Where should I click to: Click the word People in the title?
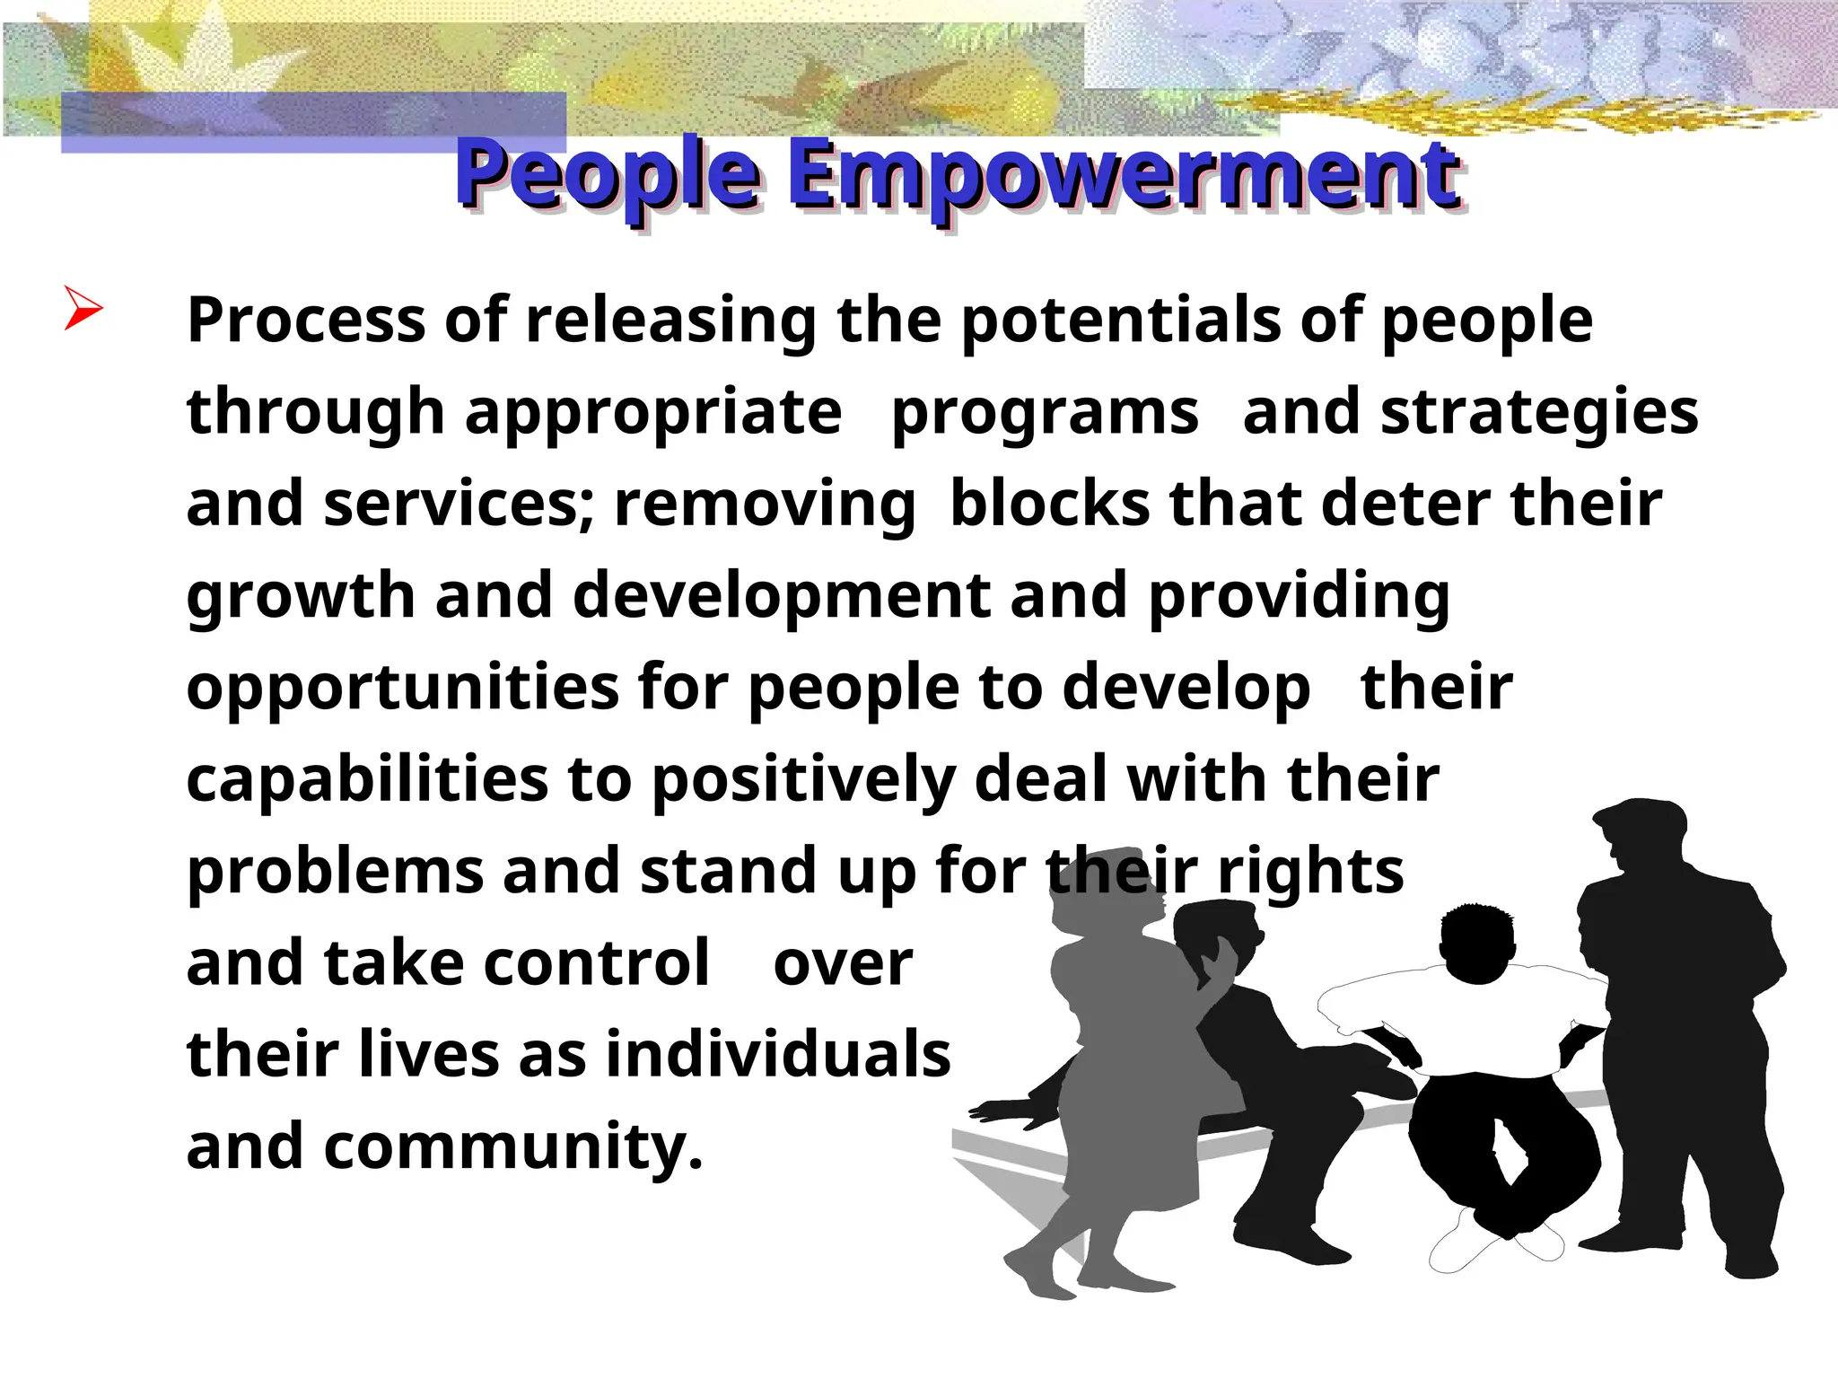pos(608,175)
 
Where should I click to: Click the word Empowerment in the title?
pos(1125,175)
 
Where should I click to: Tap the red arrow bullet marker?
pos(83,309)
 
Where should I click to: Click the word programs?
pos(1045,413)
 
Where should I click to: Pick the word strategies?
pos(1539,413)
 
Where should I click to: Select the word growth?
pos(301,596)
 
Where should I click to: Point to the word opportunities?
pos(402,689)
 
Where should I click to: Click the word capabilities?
pos(366,779)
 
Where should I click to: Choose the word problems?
pos(334,872)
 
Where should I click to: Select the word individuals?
pos(778,1055)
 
